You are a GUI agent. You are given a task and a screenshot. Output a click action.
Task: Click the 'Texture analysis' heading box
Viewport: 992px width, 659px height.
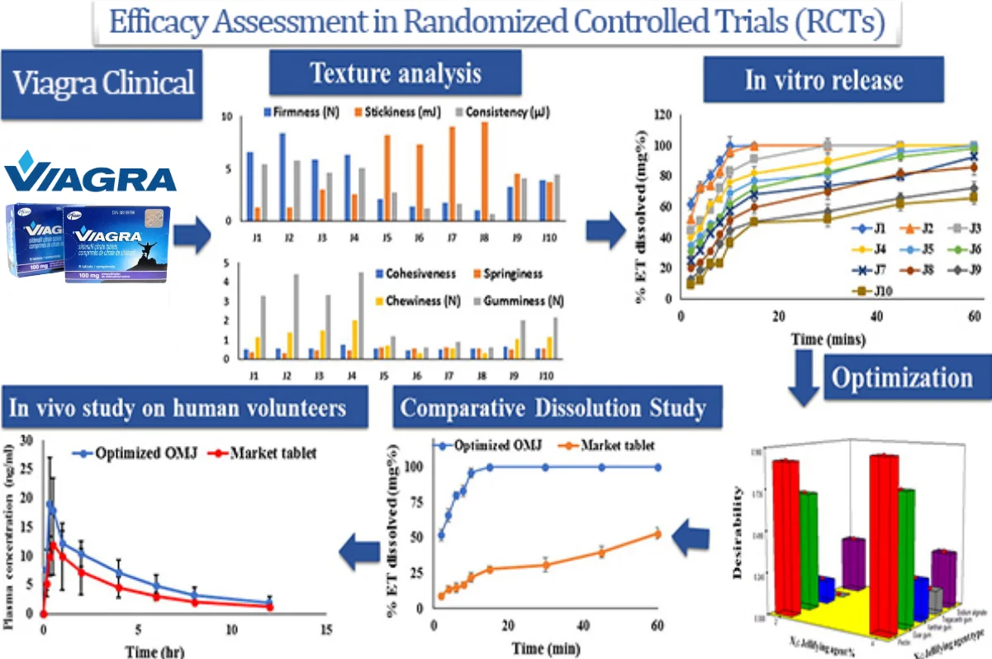point(396,75)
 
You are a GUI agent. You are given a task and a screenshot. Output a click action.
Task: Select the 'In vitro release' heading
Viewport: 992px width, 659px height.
point(824,79)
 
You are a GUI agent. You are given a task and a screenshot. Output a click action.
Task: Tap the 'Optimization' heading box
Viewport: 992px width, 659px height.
point(902,377)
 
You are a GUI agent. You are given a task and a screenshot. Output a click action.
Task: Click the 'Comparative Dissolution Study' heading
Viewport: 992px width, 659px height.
point(553,408)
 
